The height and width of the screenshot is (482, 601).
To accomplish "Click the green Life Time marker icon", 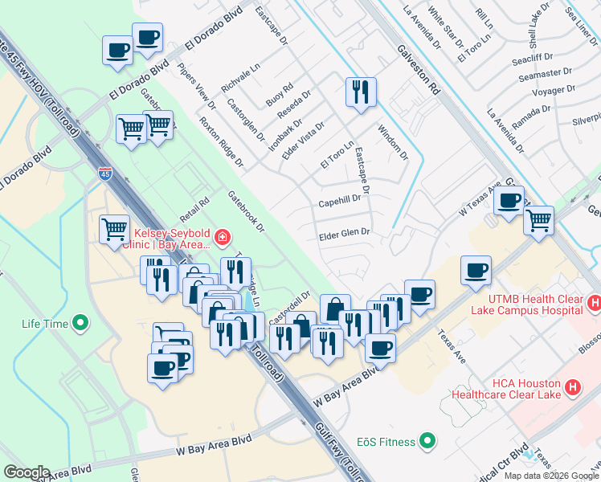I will point(80,324).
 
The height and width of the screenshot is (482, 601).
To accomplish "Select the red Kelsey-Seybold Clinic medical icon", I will point(223,238).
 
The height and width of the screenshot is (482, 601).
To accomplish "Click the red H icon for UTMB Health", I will point(594,304).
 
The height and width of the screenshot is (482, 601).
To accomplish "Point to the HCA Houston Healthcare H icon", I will point(572,387).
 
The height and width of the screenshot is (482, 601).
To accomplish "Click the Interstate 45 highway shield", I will point(105,172).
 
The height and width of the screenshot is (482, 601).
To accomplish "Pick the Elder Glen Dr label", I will point(344,233).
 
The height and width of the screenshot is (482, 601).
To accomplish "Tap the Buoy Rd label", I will point(280,94).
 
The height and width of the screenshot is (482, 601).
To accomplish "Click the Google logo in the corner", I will point(27,472).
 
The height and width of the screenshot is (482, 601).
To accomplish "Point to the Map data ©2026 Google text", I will point(551,476).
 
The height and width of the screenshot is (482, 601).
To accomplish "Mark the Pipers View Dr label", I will point(197,86).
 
